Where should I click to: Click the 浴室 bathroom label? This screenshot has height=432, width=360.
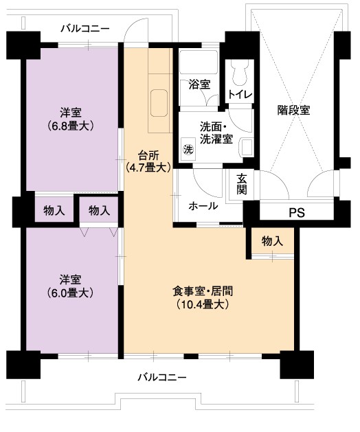tap(199, 84)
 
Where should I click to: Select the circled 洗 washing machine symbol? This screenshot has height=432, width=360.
tap(188, 149)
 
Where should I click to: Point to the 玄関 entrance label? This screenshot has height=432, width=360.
tap(241, 184)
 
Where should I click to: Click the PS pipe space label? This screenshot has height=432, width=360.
tap(297, 212)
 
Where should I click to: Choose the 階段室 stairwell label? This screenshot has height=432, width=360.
tap(293, 110)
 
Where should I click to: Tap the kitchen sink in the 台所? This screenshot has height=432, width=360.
tap(159, 103)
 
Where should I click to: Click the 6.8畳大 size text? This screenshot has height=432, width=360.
tap(71, 126)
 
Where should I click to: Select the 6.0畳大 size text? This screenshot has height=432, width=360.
tap(70, 293)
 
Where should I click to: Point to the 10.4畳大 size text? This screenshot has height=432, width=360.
tap(203, 304)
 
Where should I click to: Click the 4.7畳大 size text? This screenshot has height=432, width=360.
tap(148, 167)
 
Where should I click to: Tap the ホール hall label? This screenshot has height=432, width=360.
tap(203, 206)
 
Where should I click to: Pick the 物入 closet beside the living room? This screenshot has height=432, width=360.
tap(272, 241)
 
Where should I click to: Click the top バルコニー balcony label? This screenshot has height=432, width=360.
tap(85, 28)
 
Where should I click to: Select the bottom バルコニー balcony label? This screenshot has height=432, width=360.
tap(162, 377)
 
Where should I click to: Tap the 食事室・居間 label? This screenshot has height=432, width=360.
tap(203, 291)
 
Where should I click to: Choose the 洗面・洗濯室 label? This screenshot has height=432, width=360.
tap(216, 133)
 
